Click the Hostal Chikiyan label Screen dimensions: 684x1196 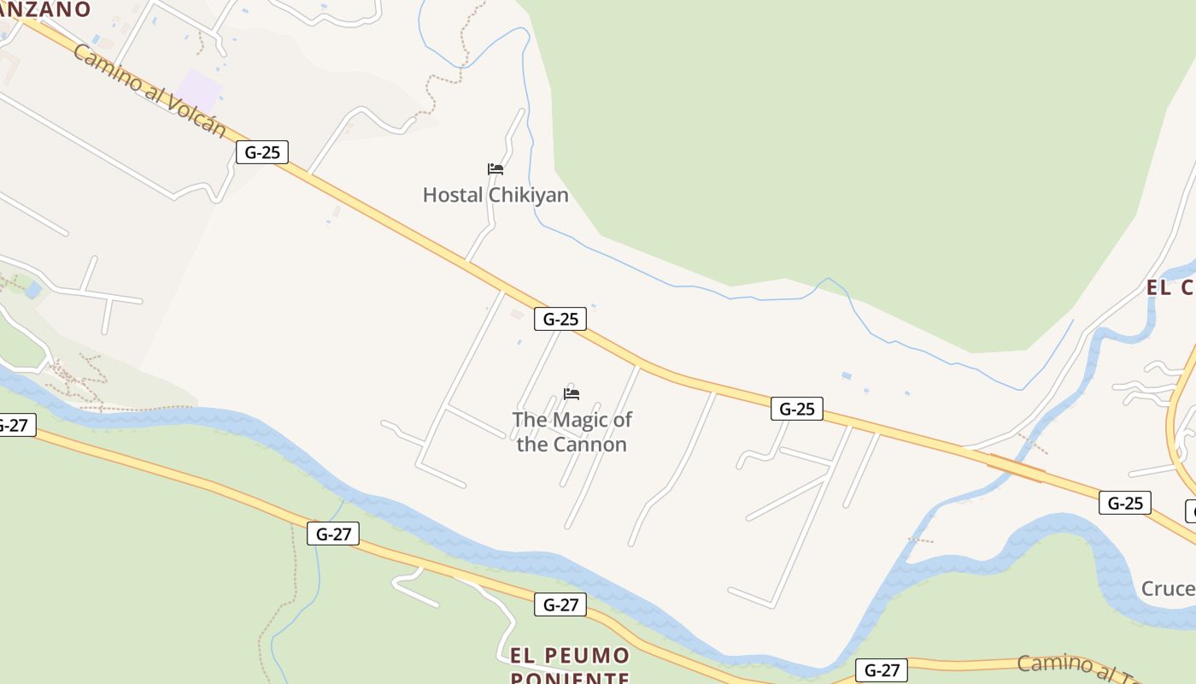pos(495,195)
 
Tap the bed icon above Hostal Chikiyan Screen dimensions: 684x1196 pos(495,169)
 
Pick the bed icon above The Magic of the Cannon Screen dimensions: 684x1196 pos(572,393)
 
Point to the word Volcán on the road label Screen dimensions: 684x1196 pos(197,115)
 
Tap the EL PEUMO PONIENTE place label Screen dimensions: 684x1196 pos(570,667)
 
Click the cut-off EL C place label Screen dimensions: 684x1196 pos(1170,288)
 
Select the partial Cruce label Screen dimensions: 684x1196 pos(1168,589)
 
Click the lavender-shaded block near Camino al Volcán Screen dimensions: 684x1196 pos(199,88)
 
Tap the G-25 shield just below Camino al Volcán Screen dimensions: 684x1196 pos(262,152)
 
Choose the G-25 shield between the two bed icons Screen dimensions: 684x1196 pos(560,319)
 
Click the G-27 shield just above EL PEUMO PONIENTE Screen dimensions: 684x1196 pos(560,604)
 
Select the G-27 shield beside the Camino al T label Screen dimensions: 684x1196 pos(881,670)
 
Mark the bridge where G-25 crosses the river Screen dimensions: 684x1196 pos(1016,467)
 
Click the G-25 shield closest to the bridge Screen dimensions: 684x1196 pos(1124,503)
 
